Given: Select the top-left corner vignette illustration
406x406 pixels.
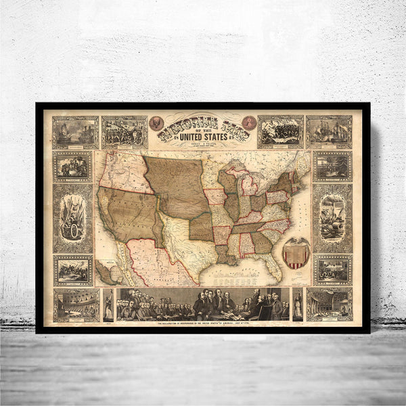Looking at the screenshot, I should coord(76,132).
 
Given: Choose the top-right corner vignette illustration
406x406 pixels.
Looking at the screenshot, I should coord(329,132).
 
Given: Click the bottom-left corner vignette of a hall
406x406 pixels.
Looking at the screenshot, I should coord(76,304).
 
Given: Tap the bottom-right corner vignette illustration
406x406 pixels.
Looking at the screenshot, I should coord(329,304).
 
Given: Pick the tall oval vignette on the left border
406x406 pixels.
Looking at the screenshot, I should coord(73,218).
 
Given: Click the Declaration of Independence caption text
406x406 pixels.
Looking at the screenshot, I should coord(203,325).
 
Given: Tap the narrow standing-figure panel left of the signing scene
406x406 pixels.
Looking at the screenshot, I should coord(108,304).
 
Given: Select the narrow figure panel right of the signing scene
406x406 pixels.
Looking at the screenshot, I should coord(298,304).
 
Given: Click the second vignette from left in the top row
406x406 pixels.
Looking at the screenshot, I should coord(125,132).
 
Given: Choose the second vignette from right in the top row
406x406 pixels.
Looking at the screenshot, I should coord(280,132).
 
